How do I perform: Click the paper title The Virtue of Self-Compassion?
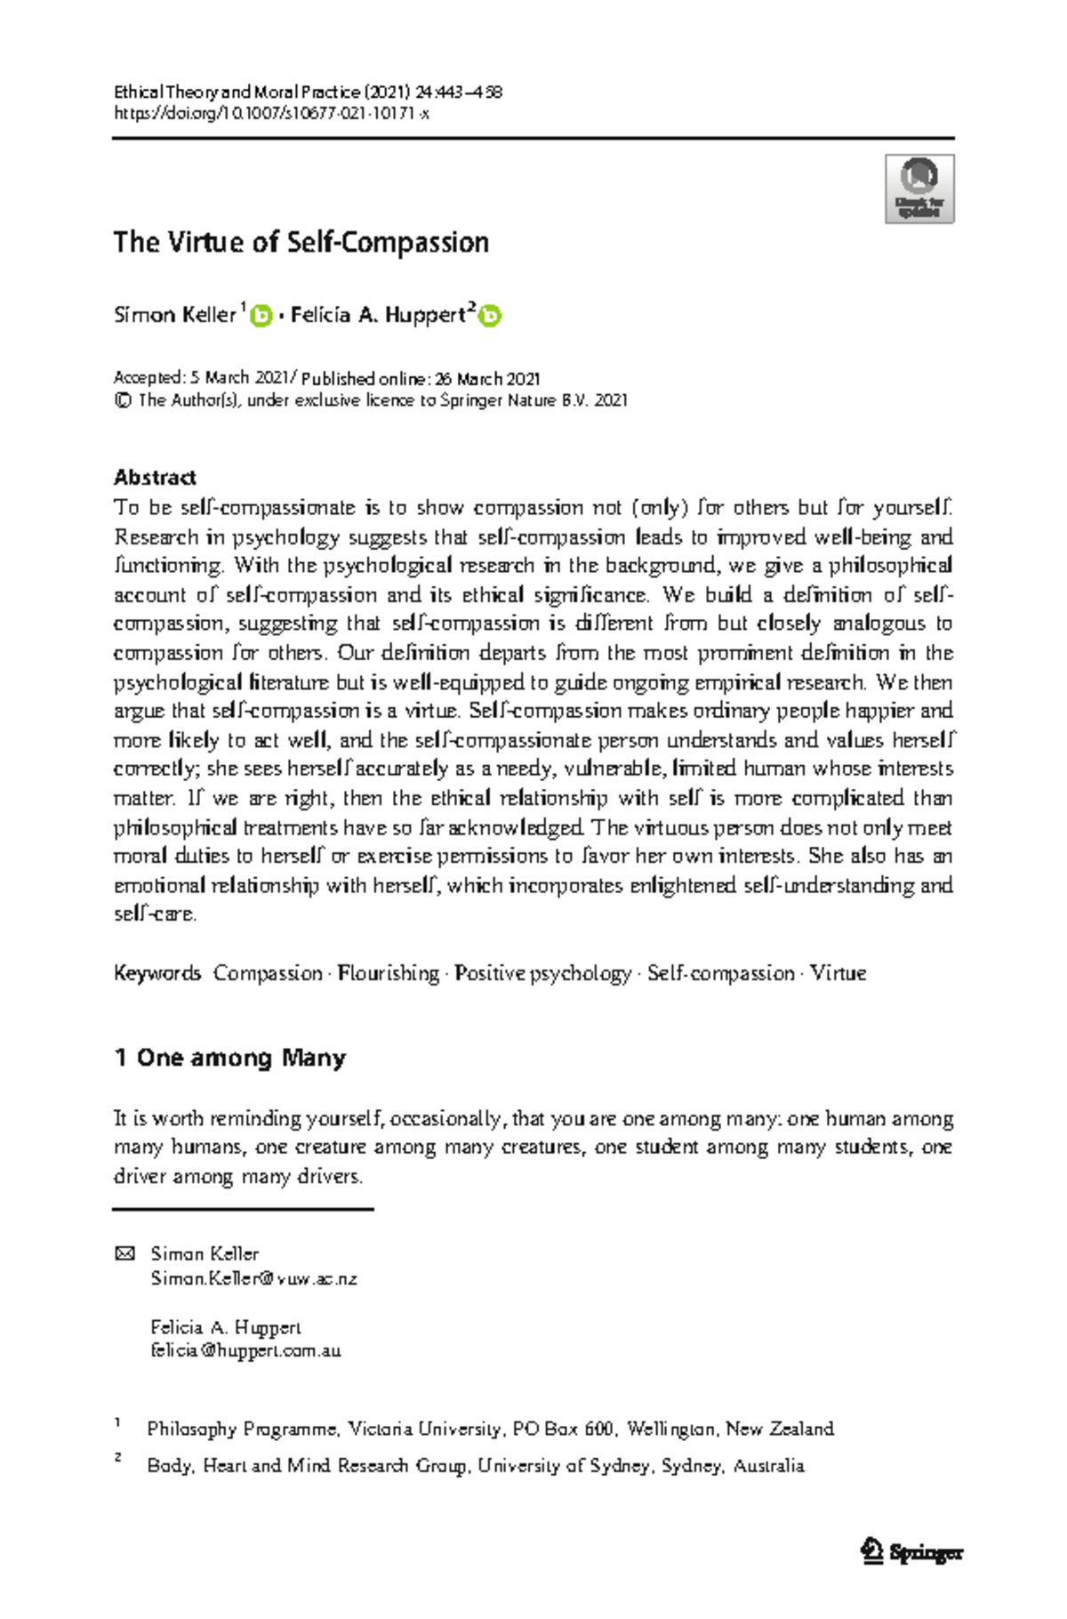pos(301,242)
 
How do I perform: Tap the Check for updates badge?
pos(919,189)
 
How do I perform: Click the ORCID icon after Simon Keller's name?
pos(261,316)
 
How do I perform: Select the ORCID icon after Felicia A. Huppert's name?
pos(490,316)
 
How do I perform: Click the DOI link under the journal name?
pos(272,113)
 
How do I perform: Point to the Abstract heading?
pos(155,478)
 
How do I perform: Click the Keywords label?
pos(157,973)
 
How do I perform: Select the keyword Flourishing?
pos(389,973)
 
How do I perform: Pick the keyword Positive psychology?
pos(543,973)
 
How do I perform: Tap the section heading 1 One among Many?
pos(229,1058)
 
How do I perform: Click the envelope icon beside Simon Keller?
pos(124,1254)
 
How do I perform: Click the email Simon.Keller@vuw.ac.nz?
pos(254,1278)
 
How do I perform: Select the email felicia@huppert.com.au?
pos(246,1350)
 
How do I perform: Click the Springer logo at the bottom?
pos(912,1552)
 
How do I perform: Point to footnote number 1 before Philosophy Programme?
pos(117,1423)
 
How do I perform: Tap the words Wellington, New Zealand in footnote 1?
pos(730,1429)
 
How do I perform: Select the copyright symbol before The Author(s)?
pos(122,400)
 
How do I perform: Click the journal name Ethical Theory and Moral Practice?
pos(237,92)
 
